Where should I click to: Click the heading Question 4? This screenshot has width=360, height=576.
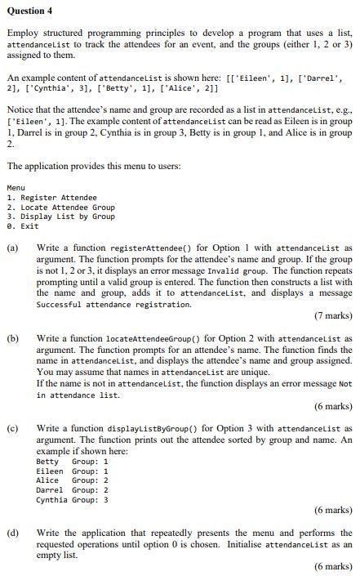coord(30,10)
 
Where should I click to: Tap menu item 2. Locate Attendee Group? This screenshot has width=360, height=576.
coord(61,207)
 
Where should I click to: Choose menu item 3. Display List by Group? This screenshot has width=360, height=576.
coord(61,217)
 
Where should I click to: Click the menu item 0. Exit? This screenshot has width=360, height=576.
coord(23,226)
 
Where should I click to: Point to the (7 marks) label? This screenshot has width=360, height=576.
coord(333,315)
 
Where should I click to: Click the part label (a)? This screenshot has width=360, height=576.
coord(13,247)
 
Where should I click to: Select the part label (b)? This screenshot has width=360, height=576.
coord(13,337)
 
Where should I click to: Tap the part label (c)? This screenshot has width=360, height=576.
coord(13,427)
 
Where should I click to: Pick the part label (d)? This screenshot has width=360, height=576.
coord(13,533)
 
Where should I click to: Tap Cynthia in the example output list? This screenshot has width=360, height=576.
coord(51,499)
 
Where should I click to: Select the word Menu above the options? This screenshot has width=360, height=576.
coord(16,187)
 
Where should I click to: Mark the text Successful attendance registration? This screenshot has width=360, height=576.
coord(113,304)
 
